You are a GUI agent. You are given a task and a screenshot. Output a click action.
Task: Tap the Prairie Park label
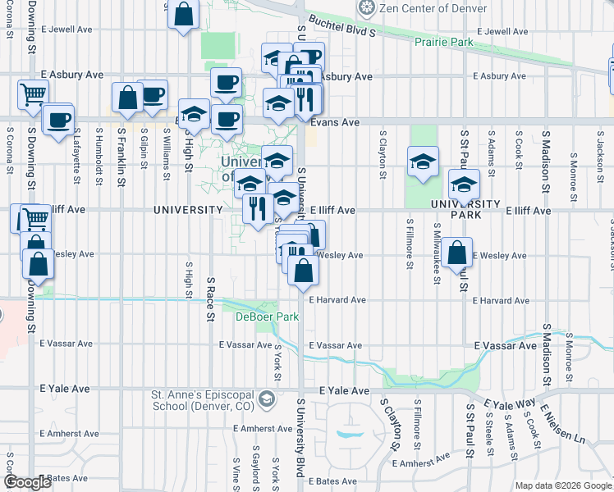[x=447, y=41]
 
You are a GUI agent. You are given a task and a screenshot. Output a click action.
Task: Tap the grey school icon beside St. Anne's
[x=266, y=399]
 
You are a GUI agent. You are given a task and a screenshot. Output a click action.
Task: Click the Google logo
[x=27, y=482]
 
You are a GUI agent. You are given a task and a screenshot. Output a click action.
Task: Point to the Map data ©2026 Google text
[x=563, y=485]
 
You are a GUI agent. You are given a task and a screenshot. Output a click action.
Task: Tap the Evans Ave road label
[x=339, y=122]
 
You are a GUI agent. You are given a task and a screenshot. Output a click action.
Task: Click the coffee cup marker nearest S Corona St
[x=57, y=119]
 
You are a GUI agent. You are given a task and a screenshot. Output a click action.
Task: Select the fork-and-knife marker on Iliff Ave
[x=258, y=208]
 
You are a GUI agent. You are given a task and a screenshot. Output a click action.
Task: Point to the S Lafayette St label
[x=77, y=149]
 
